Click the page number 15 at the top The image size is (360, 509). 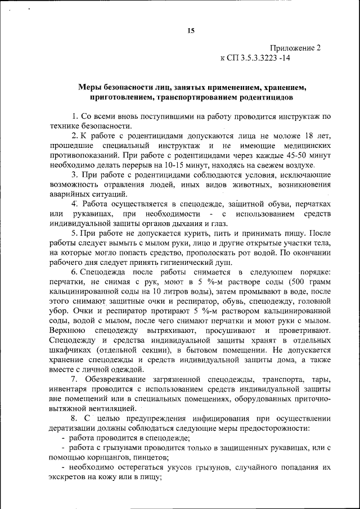pyautogui.click(x=191, y=31)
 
